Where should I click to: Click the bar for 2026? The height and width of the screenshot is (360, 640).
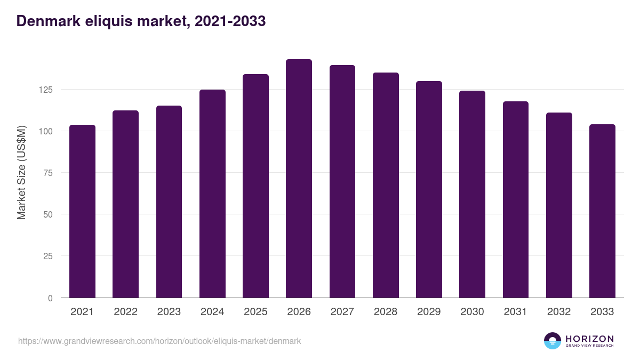299,179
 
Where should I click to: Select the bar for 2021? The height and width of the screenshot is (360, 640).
82,211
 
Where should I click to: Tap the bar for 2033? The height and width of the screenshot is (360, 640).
602,211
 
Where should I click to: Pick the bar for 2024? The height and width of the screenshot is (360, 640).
212,194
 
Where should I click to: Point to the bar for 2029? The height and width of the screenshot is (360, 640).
429,189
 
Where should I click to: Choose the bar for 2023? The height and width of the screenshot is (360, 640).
169,202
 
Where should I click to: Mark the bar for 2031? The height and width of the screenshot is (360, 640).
515,199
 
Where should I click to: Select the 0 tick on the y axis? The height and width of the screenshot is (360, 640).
50,298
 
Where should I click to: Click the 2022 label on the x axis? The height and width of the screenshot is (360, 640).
125,312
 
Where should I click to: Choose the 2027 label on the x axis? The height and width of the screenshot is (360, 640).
342,312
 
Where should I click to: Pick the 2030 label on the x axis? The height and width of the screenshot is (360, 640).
472,312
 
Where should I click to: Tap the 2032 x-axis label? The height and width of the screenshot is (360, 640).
559,312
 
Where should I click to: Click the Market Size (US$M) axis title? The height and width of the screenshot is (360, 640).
22,172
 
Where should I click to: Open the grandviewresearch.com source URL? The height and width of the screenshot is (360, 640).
159,341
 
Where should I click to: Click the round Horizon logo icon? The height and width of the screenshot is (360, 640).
553,341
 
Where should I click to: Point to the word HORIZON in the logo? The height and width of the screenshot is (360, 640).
589,339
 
